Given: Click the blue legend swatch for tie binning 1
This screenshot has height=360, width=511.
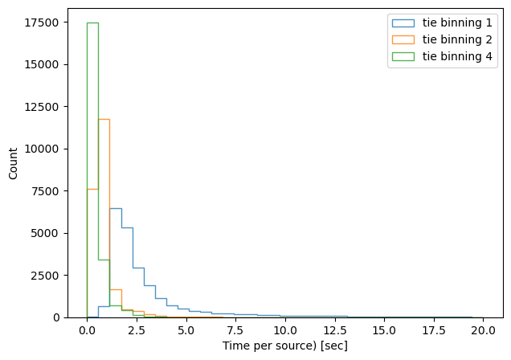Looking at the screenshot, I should (x=405, y=22).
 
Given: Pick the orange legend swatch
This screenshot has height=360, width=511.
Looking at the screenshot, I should (x=405, y=39).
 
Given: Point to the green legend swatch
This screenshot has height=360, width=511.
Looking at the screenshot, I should (x=405, y=55).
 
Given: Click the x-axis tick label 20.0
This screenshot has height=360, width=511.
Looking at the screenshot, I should (x=483, y=330).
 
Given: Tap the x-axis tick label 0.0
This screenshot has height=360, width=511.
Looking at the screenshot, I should (x=87, y=330).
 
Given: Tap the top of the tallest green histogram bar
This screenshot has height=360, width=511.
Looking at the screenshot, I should (x=92, y=22).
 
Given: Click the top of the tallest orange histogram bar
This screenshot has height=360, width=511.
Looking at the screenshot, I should (x=104, y=119).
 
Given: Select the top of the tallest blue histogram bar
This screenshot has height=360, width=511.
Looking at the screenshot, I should (x=115, y=208).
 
